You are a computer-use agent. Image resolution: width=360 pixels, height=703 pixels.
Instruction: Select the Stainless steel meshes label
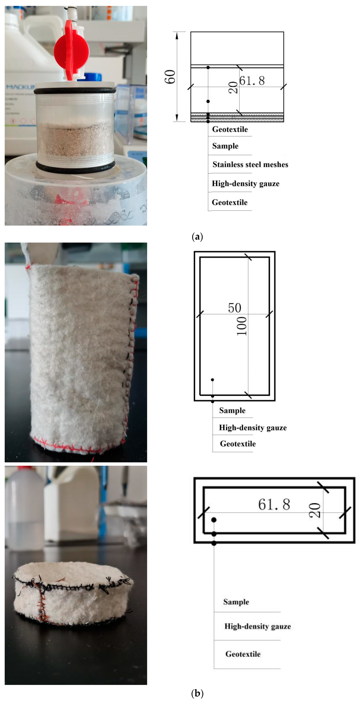click(x=250, y=165)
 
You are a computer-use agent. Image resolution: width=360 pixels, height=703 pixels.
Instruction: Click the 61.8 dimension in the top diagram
click(x=252, y=81)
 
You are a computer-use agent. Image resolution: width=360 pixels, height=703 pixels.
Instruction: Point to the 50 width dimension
click(x=235, y=308)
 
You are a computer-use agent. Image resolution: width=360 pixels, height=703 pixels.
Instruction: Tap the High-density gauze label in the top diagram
click(x=245, y=183)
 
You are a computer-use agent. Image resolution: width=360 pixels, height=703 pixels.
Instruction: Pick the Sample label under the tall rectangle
click(x=232, y=411)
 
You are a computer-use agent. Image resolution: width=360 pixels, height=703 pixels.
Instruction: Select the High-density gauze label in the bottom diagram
click(x=257, y=626)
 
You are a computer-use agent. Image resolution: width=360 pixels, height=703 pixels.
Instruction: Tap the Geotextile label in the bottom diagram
click(x=243, y=654)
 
